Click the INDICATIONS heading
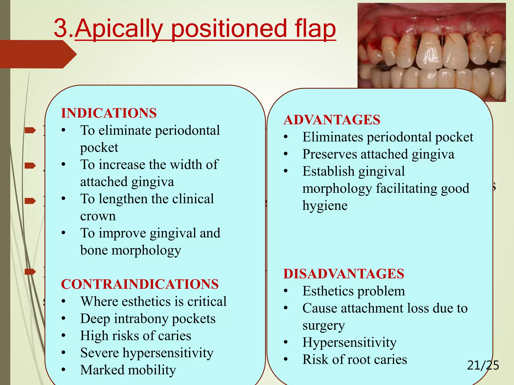(109, 113)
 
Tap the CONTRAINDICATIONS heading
(140, 284)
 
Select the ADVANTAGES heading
(332, 120)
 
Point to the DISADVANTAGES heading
(344, 273)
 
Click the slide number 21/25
(483, 365)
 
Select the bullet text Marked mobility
(128, 370)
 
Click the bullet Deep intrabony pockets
(148, 319)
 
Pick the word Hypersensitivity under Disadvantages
(349, 342)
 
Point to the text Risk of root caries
(354, 359)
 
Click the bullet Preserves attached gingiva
(378, 154)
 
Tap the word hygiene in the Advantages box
(325, 206)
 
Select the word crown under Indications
(98, 216)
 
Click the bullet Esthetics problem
(353, 291)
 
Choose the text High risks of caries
(136, 336)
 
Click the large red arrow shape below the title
(38, 54)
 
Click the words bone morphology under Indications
(131, 250)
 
